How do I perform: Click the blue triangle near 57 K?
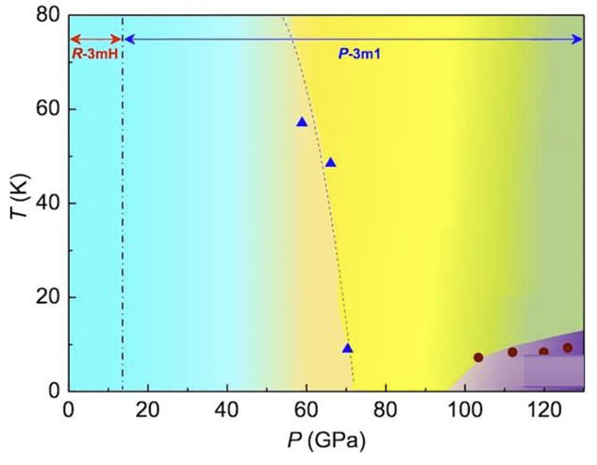pos(302,122)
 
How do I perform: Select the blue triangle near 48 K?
pos(330,162)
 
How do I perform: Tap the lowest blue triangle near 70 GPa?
pos(347,348)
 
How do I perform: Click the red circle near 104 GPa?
pos(478,357)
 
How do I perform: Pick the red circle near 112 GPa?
pos(513,352)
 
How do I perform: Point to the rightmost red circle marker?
pos(568,348)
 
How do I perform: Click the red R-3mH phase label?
pos(94,55)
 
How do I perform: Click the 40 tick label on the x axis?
pos(226,411)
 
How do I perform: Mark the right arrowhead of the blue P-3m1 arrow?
pos(578,39)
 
